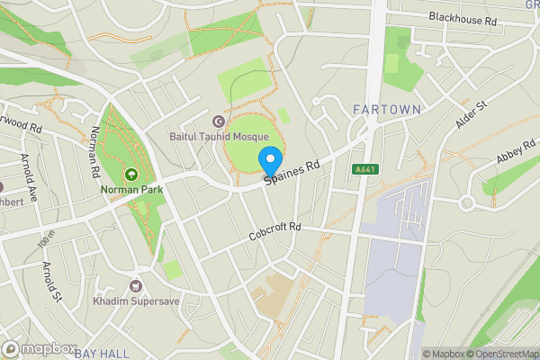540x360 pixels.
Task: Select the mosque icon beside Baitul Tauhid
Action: tap(216, 121)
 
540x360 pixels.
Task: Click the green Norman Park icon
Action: tap(131, 175)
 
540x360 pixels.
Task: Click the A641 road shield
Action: tap(364, 168)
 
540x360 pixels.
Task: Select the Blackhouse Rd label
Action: tap(463, 18)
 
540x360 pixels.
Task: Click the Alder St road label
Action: tap(471, 114)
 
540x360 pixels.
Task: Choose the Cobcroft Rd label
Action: tap(274, 233)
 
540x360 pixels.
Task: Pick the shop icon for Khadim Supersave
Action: tap(136, 285)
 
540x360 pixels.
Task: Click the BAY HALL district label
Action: tap(102, 352)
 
